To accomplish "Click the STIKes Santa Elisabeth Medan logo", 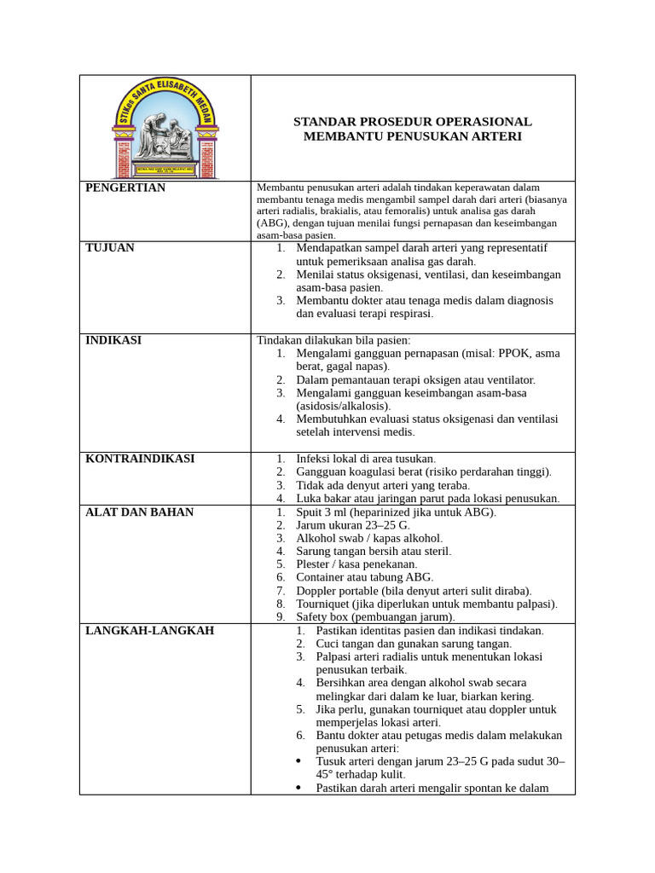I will pyautogui.click(x=165, y=129).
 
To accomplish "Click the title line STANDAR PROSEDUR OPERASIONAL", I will pyautogui.click(x=412, y=122).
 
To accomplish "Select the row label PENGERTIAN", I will pyautogui.click(x=125, y=188).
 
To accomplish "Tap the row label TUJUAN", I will pyautogui.click(x=110, y=248).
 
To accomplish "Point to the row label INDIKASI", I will pyautogui.click(x=113, y=340).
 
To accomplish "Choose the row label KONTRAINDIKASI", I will pyautogui.click(x=140, y=459).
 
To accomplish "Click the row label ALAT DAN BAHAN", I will pyautogui.click(x=139, y=512).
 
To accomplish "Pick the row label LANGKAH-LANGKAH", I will pyautogui.click(x=149, y=631).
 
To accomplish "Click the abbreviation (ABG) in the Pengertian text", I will pyautogui.click(x=272, y=223).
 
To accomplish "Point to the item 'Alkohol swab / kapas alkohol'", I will pyautogui.click(x=368, y=539).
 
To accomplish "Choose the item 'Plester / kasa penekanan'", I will pyautogui.click(x=356, y=564).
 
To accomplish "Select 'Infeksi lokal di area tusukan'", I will pyautogui.click(x=365, y=459).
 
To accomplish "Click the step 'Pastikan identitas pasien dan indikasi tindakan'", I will pyautogui.click(x=429, y=631).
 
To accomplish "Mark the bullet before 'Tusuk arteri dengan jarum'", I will pyautogui.click(x=298, y=761).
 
